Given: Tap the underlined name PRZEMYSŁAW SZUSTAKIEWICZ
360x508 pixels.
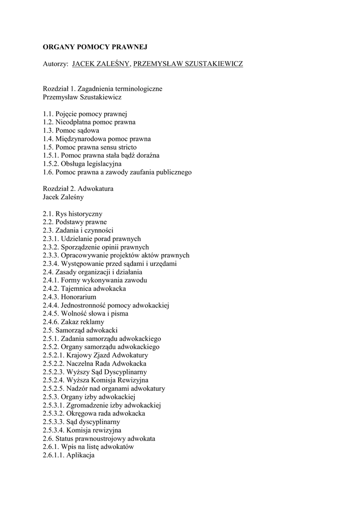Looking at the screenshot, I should click(x=189, y=64).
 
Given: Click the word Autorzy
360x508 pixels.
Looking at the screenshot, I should click(x=55, y=64).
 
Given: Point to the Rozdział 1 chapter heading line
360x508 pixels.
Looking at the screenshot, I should click(x=103, y=89).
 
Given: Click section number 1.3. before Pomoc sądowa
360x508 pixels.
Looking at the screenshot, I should click(x=48, y=130).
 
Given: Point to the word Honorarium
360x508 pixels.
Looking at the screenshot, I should click(x=78, y=297).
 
